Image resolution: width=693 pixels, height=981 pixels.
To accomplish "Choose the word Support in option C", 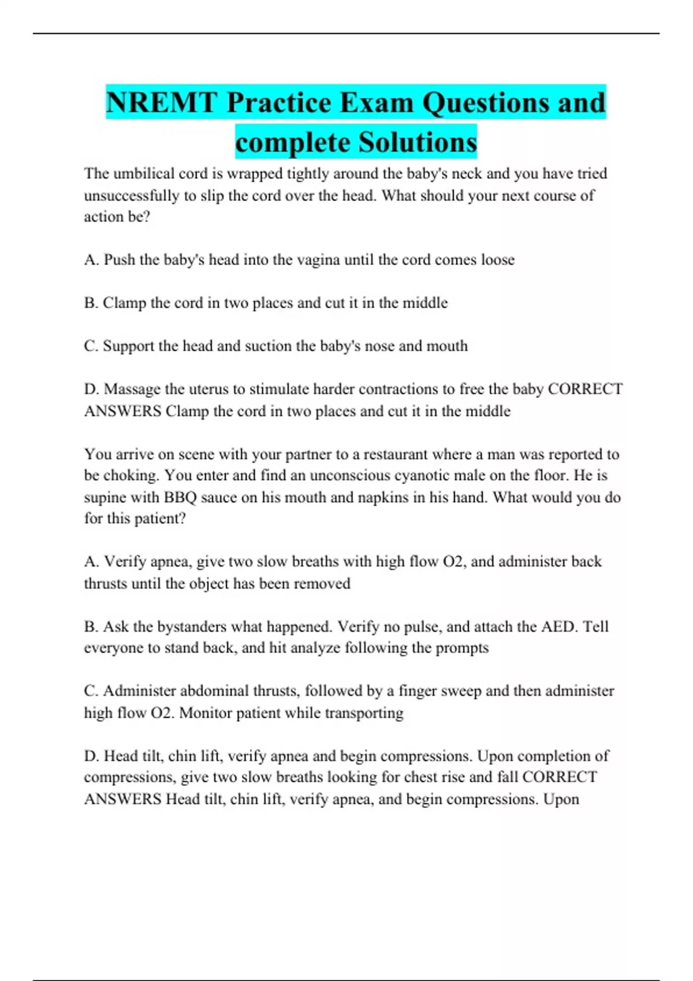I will point(128,346).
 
